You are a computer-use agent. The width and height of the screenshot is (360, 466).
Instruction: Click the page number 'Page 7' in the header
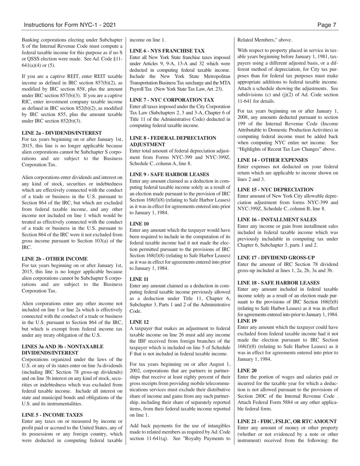click(x=327, y=25)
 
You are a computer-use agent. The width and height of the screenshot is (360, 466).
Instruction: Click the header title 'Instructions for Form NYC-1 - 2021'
click(x=69, y=25)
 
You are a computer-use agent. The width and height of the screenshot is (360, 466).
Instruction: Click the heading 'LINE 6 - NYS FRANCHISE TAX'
click(x=167, y=51)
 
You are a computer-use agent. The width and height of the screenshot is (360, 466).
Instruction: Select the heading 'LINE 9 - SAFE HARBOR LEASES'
click(x=169, y=174)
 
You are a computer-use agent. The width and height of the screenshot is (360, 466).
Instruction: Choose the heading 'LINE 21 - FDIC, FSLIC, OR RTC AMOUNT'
click(x=287, y=421)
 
